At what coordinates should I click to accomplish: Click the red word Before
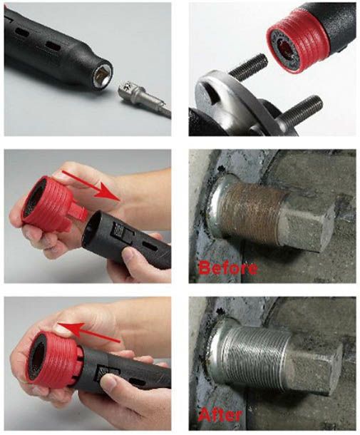pyautogui.click(x=228, y=268)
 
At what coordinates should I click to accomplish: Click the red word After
pyautogui.click(x=220, y=415)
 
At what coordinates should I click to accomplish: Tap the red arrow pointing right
pyautogui.click(x=91, y=185)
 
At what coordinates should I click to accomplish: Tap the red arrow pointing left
pyautogui.click(x=88, y=332)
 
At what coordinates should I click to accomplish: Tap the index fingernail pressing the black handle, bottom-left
pyautogui.click(x=109, y=382)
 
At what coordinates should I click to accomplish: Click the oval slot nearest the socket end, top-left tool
pyautogui.click(x=53, y=46)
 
